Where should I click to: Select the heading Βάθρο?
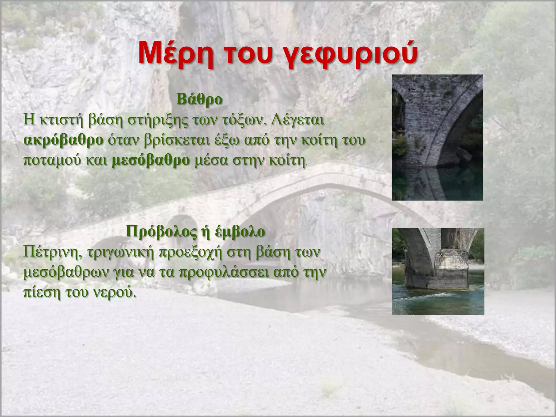[x=199, y=99]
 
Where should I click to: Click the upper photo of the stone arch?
[x=437, y=137]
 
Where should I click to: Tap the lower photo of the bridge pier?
[x=438, y=271]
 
